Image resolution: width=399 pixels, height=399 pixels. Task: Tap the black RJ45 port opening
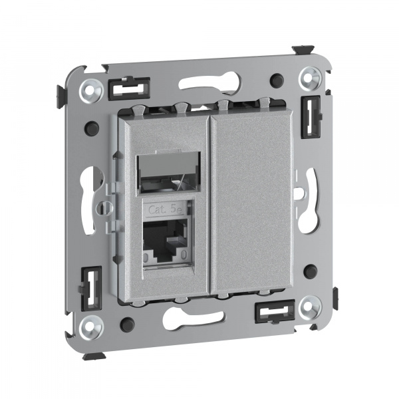[x=166, y=239]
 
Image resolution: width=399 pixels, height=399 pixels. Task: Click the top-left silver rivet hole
[x=91, y=90]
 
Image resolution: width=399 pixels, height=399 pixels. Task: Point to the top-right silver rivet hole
[x=310, y=78]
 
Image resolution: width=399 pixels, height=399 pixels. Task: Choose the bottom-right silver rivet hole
[x=310, y=307]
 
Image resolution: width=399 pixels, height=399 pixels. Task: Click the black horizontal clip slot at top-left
[x=129, y=88]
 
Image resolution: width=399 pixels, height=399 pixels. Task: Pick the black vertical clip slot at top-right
[x=311, y=117]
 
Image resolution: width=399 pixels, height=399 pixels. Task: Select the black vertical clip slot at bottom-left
[x=91, y=289]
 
